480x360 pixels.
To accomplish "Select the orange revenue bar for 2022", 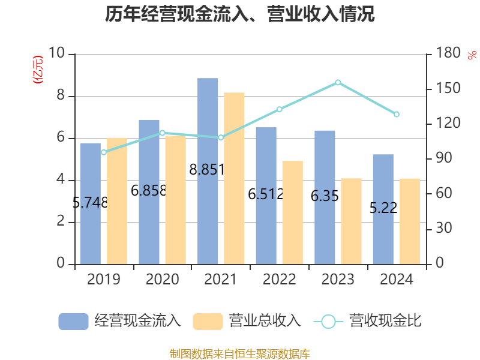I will [292, 212].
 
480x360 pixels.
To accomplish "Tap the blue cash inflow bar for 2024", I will [383, 209].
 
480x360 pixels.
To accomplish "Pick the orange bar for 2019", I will [117, 201].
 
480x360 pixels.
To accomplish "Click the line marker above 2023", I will [338, 82].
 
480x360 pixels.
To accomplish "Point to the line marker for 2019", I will [104, 152].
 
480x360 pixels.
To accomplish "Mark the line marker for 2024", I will [396, 114].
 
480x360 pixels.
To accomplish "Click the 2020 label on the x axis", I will [162, 280].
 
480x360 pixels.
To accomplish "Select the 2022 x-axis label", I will [279, 280].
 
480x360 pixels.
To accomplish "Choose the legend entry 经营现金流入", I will [120, 321].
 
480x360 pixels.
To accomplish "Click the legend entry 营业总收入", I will [247, 321].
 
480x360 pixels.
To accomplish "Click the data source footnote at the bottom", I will [240, 353].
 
